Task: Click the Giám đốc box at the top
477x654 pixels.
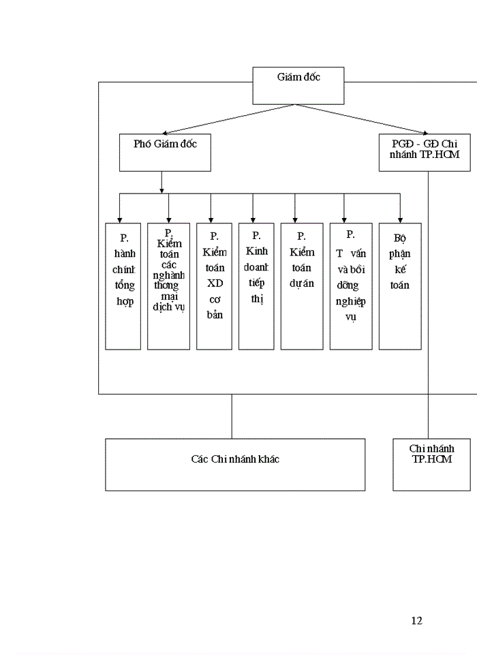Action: pos(298,85)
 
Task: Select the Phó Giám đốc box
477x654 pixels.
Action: pos(165,152)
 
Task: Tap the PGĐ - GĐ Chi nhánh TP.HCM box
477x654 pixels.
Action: pos(425,152)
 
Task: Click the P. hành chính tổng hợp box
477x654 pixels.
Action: pos(123,286)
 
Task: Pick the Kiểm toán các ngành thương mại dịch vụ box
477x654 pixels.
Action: pos(168,286)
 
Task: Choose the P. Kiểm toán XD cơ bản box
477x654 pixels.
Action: pos(213,286)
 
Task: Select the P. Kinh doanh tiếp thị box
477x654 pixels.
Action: pos(256,286)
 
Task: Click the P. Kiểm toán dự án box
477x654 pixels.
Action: pos(301,286)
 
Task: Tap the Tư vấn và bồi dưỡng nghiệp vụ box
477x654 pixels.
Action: pos(351,286)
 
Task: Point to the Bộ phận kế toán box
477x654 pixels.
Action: pos(399,286)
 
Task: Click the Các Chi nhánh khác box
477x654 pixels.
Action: pos(234,464)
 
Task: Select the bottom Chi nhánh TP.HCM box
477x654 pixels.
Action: pos(431,464)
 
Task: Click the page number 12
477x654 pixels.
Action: pos(417,621)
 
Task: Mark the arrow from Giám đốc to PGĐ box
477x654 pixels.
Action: pos(365,119)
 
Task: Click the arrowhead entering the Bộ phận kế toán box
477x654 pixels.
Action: pos(400,219)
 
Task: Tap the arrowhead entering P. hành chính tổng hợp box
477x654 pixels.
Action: pos(120,219)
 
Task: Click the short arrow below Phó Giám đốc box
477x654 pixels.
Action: pos(161,183)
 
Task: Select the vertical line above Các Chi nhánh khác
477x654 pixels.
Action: pos(232,416)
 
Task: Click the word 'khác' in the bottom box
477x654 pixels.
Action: pos(267,459)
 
